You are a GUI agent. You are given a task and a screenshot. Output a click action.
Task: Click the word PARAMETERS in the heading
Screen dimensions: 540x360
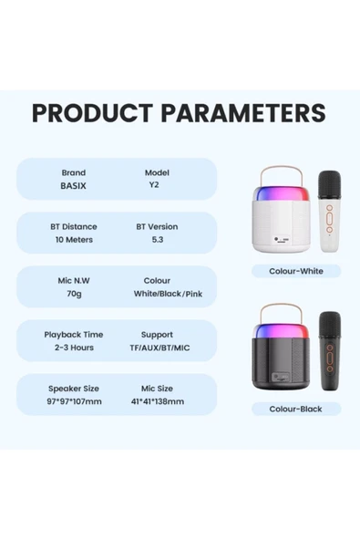tap(241, 113)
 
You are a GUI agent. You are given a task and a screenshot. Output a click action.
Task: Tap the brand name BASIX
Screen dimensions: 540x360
tap(73, 186)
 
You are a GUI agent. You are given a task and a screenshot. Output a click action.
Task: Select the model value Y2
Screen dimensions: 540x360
tap(157, 186)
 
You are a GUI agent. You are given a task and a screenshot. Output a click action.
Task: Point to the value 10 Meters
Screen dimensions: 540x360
tap(73, 240)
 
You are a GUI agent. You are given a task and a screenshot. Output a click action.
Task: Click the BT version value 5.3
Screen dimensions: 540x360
tap(157, 240)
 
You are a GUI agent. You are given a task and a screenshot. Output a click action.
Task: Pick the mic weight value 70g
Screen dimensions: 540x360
tap(73, 295)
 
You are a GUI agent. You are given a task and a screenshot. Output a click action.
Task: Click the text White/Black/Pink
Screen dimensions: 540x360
tap(169, 295)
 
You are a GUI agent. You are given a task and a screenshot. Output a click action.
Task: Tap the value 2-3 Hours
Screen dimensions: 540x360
tap(73, 348)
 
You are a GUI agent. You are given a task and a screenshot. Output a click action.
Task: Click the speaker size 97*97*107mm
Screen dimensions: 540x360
tap(75, 401)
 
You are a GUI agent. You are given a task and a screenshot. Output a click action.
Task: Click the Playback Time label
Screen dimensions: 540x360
tap(73, 335)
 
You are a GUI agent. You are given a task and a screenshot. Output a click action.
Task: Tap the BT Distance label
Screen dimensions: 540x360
tap(73, 226)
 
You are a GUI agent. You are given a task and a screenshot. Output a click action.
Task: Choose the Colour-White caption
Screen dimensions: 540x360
tap(295, 271)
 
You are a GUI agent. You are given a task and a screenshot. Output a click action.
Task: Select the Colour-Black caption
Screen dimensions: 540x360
tap(295, 409)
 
